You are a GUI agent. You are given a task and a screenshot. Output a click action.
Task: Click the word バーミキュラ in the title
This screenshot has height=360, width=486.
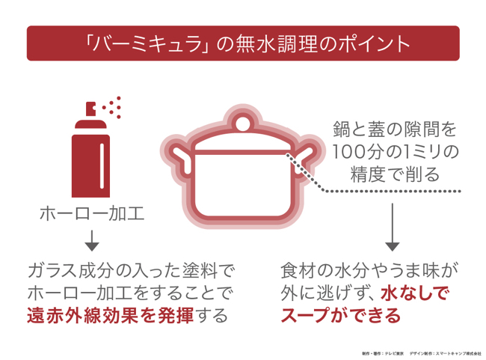click(143, 43)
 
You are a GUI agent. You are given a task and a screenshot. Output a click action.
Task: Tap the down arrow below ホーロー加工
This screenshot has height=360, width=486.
click(92, 240)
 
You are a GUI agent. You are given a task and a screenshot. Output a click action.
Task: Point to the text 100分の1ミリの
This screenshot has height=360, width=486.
click(393, 151)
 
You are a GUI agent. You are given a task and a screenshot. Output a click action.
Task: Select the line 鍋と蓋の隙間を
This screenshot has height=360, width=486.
click(393, 128)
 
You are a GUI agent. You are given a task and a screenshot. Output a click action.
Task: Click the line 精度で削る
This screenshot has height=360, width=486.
click(393, 174)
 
